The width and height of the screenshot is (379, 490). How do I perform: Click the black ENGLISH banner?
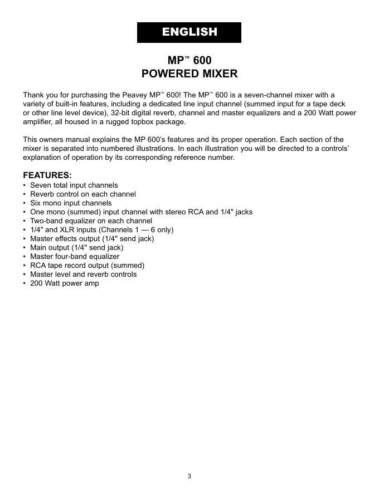[189, 32]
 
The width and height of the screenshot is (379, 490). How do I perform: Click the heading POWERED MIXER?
[189, 73]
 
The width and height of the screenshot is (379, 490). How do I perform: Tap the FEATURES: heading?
[47, 175]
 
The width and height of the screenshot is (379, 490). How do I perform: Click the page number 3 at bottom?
[189, 476]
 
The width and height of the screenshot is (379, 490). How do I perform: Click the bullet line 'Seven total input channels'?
[74, 185]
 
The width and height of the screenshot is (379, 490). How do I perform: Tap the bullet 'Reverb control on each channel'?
[82, 194]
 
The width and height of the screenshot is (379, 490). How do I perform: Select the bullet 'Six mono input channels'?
[71, 203]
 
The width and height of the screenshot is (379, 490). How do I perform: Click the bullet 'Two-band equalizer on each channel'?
[91, 220]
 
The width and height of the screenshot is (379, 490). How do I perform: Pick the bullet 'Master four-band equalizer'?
[75, 256]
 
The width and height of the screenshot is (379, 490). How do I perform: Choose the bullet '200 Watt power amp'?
[64, 283]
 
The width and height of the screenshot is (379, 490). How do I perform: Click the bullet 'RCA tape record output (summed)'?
[87, 265]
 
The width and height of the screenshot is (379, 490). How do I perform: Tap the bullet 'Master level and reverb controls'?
[83, 274]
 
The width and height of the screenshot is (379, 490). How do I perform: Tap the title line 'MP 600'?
[189, 60]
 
